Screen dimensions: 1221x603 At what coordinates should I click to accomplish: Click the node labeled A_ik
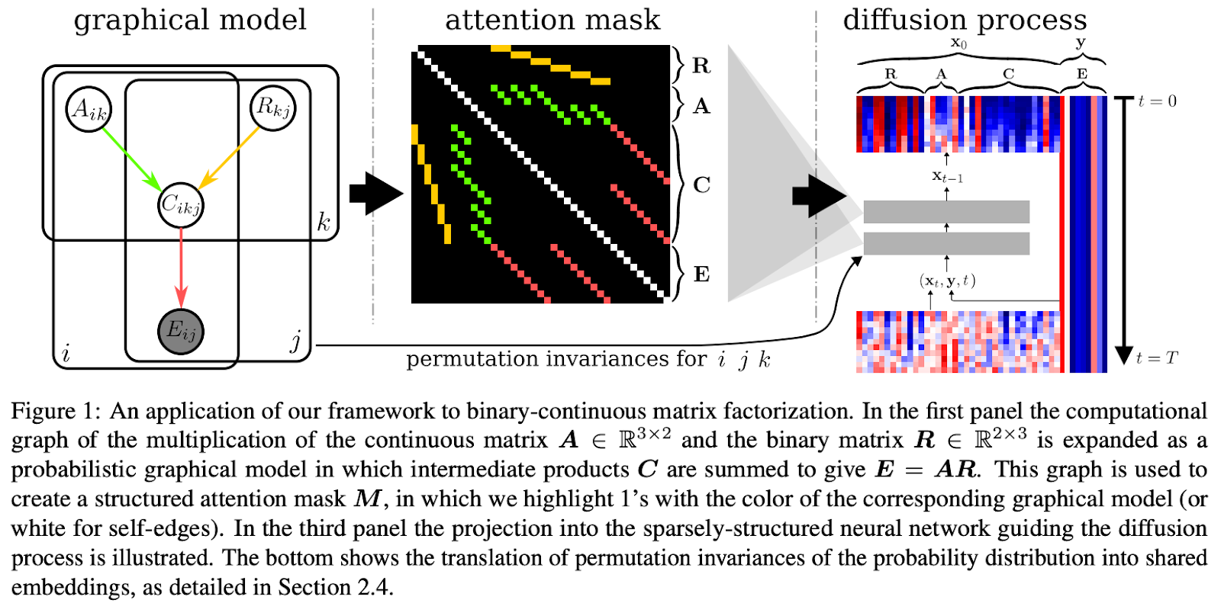coord(89,109)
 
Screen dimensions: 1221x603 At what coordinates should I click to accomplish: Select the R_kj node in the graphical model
coord(273,107)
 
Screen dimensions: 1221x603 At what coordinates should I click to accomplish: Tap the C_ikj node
coord(181,205)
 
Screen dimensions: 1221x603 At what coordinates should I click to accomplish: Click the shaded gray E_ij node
coord(181,331)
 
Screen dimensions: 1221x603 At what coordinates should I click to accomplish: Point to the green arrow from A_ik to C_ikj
coord(130,158)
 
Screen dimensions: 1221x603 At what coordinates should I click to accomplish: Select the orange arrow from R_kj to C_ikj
coord(230,158)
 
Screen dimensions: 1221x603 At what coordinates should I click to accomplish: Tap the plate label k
coord(324,223)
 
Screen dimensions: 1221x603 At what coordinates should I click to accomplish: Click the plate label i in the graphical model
coord(66,354)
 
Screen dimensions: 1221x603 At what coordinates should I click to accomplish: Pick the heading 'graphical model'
coord(190,20)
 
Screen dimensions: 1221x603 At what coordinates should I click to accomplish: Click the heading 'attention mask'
coord(553,20)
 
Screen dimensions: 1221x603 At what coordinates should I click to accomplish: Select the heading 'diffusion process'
coord(965,20)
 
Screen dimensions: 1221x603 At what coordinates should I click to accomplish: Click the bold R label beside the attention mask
coord(701,66)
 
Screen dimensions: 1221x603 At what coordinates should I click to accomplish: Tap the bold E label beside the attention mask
coord(701,274)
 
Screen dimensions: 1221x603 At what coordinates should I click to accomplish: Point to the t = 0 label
coord(1157,101)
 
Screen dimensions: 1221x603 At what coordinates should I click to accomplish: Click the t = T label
coord(1157,358)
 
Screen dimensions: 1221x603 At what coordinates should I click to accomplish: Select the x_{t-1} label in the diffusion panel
coord(947,176)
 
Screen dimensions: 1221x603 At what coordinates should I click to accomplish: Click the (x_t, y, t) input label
coord(947,281)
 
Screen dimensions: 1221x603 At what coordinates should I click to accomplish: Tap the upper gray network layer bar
coord(946,212)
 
